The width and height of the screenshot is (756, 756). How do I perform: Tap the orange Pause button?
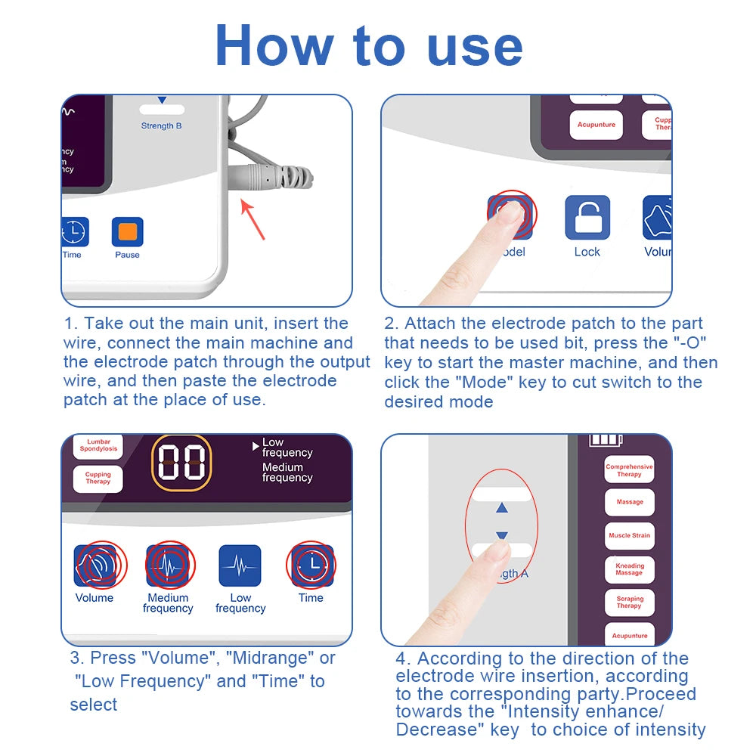coord(127,232)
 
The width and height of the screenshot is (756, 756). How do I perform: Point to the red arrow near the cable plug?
coord(253,218)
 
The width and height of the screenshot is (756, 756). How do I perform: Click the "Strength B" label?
coord(161,125)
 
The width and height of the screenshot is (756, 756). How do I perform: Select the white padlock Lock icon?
coord(587,218)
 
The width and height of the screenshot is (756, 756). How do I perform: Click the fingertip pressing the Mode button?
coord(508,215)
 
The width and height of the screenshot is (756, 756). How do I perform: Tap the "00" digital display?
coord(181,462)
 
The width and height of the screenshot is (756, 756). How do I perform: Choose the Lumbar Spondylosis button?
coord(99,445)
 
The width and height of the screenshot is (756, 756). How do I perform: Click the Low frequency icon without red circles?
coord(240,565)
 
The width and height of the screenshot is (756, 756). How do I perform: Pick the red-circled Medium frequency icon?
coord(169,565)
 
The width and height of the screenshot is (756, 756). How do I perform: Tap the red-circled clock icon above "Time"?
coord(311,565)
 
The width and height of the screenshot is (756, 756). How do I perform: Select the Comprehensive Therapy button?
coord(629,470)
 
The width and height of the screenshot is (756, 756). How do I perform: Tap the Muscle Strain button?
coord(629,535)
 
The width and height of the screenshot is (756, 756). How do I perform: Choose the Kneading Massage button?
coord(629,569)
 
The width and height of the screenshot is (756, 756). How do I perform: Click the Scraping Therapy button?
coord(629,602)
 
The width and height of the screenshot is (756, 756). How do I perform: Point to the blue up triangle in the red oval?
coord(502,509)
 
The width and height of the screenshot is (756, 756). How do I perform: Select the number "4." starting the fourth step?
coord(404,658)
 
